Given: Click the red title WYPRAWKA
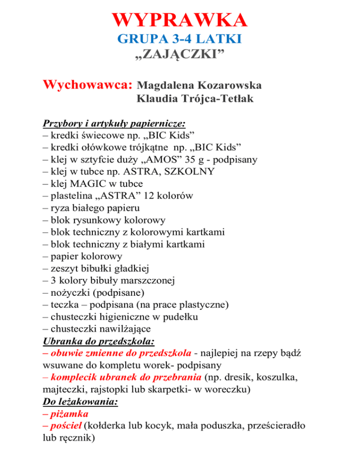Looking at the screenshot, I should (x=180, y=21).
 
